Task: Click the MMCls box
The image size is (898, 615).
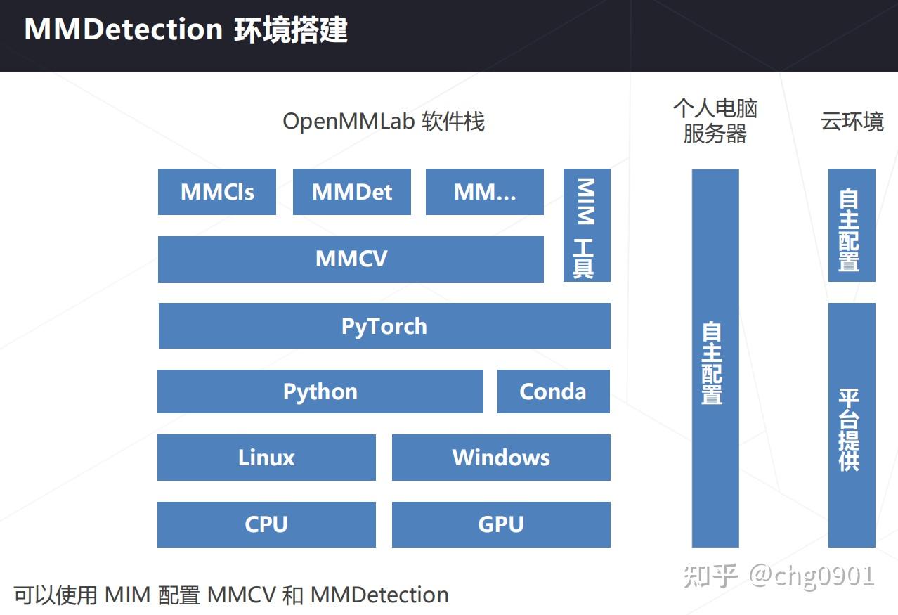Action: pyautogui.click(x=216, y=192)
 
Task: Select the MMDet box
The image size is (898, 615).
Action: pyautogui.click(x=351, y=192)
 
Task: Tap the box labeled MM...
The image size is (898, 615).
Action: pyautogui.click(x=484, y=192)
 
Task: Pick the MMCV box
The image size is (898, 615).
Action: pyautogui.click(x=351, y=259)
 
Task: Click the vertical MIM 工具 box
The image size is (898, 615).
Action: pyautogui.click(x=586, y=225)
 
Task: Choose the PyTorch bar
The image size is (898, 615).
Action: pyautogui.click(x=384, y=326)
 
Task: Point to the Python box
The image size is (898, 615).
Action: pyautogui.click(x=320, y=391)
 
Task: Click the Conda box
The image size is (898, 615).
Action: pyautogui.click(x=553, y=391)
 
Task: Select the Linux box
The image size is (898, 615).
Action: pyautogui.click(x=266, y=458)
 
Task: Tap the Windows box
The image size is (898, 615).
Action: pyautogui.click(x=501, y=458)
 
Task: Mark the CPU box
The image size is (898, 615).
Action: pyautogui.click(x=266, y=524)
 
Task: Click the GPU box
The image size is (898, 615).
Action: pyautogui.click(x=501, y=524)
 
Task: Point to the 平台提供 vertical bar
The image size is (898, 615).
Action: pyautogui.click(x=851, y=425)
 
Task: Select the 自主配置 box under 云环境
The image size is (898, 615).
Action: pyautogui.click(x=851, y=225)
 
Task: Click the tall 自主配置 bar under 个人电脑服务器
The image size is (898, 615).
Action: pyautogui.click(x=715, y=358)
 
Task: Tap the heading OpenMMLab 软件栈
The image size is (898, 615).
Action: pyautogui.click(x=384, y=122)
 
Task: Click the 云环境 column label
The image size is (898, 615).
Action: pyautogui.click(x=852, y=122)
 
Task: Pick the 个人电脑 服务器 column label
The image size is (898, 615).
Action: pyautogui.click(x=715, y=121)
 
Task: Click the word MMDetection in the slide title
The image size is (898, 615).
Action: pyautogui.click(x=123, y=30)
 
